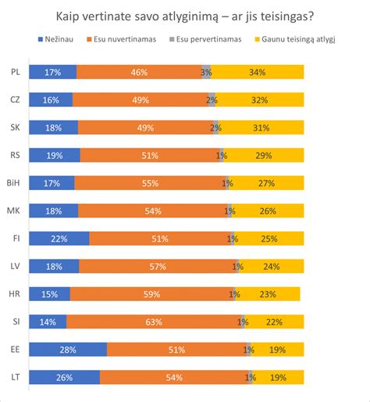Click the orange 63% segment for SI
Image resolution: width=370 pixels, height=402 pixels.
(154, 321)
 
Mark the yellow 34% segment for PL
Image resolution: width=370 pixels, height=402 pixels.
(258, 72)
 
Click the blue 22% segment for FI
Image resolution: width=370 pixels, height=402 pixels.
(59, 239)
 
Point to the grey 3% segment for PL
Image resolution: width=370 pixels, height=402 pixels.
(206, 72)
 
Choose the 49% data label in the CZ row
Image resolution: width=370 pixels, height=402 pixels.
(141, 100)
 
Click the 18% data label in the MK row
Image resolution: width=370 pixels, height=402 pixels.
(54, 210)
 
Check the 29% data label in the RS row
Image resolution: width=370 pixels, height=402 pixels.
(263, 155)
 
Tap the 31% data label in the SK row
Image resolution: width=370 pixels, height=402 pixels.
(261, 127)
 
